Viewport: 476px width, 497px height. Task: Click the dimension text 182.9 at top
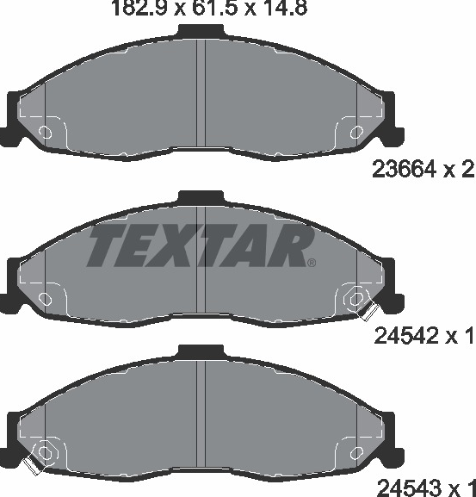[x=139, y=8]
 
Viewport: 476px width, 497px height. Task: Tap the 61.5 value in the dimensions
[x=214, y=8]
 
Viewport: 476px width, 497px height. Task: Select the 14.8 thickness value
[x=282, y=8]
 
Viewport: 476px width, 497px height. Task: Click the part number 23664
[x=404, y=169]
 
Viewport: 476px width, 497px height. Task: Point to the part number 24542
[x=405, y=336]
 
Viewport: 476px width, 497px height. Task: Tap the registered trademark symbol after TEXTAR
[x=312, y=263]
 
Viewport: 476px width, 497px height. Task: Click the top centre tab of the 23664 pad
[x=201, y=31]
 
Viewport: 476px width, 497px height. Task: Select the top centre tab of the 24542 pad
[x=201, y=197]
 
